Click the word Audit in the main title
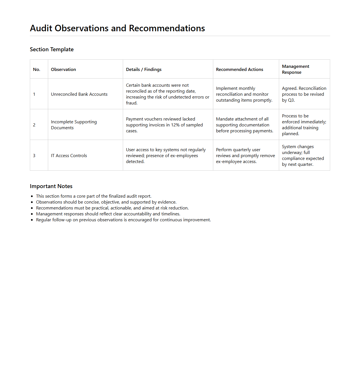[41, 28]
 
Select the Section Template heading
[52, 50]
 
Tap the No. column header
[37, 70]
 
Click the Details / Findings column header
[144, 70]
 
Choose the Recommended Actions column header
[239, 70]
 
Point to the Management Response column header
[295, 69]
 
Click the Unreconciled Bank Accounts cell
[79, 94]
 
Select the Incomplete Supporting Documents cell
[74, 125]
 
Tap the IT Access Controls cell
[69, 156]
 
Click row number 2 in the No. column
[34, 125]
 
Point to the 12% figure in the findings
[175, 125]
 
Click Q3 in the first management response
[291, 100]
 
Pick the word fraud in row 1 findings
[131, 103]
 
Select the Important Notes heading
[51, 186]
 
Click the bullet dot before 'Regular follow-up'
[32, 220]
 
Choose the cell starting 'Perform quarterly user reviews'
[245, 156]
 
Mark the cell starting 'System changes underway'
[303, 155]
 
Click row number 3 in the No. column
[34, 156]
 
